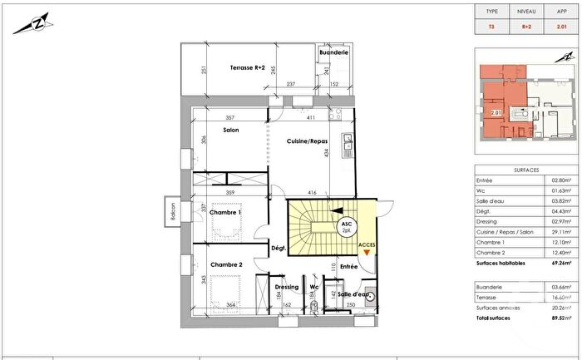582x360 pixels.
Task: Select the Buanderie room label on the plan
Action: point(333,52)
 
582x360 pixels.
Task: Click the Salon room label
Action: point(232,131)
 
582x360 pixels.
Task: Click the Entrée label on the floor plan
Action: point(348,266)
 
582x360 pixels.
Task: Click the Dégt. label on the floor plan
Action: point(279,248)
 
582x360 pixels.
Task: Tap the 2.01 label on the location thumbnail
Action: point(496,112)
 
